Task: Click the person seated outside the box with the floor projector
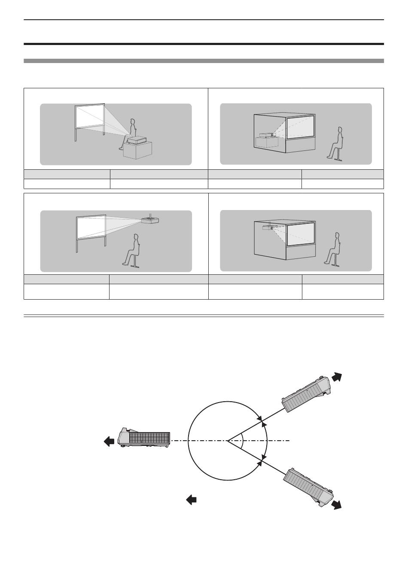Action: [x=336, y=144]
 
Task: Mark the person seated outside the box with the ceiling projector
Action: [x=333, y=249]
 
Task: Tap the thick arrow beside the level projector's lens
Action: [x=109, y=442]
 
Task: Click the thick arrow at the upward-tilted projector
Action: [x=337, y=376]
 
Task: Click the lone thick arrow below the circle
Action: [x=191, y=499]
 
